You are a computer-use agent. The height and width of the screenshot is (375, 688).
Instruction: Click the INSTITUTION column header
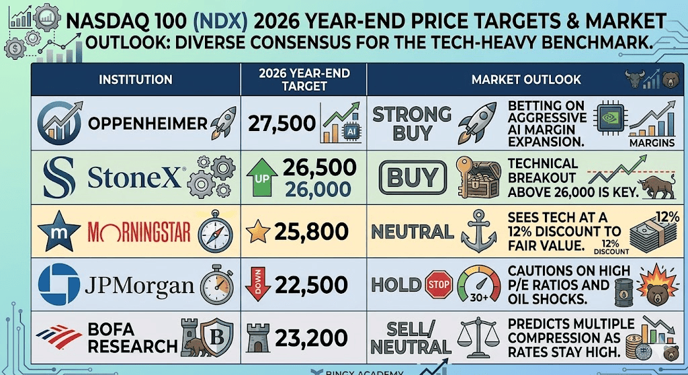[x=135, y=80]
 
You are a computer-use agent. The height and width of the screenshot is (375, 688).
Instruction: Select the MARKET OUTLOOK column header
[x=526, y=80]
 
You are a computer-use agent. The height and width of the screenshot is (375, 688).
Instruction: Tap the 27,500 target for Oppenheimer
[x=282, y=123]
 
